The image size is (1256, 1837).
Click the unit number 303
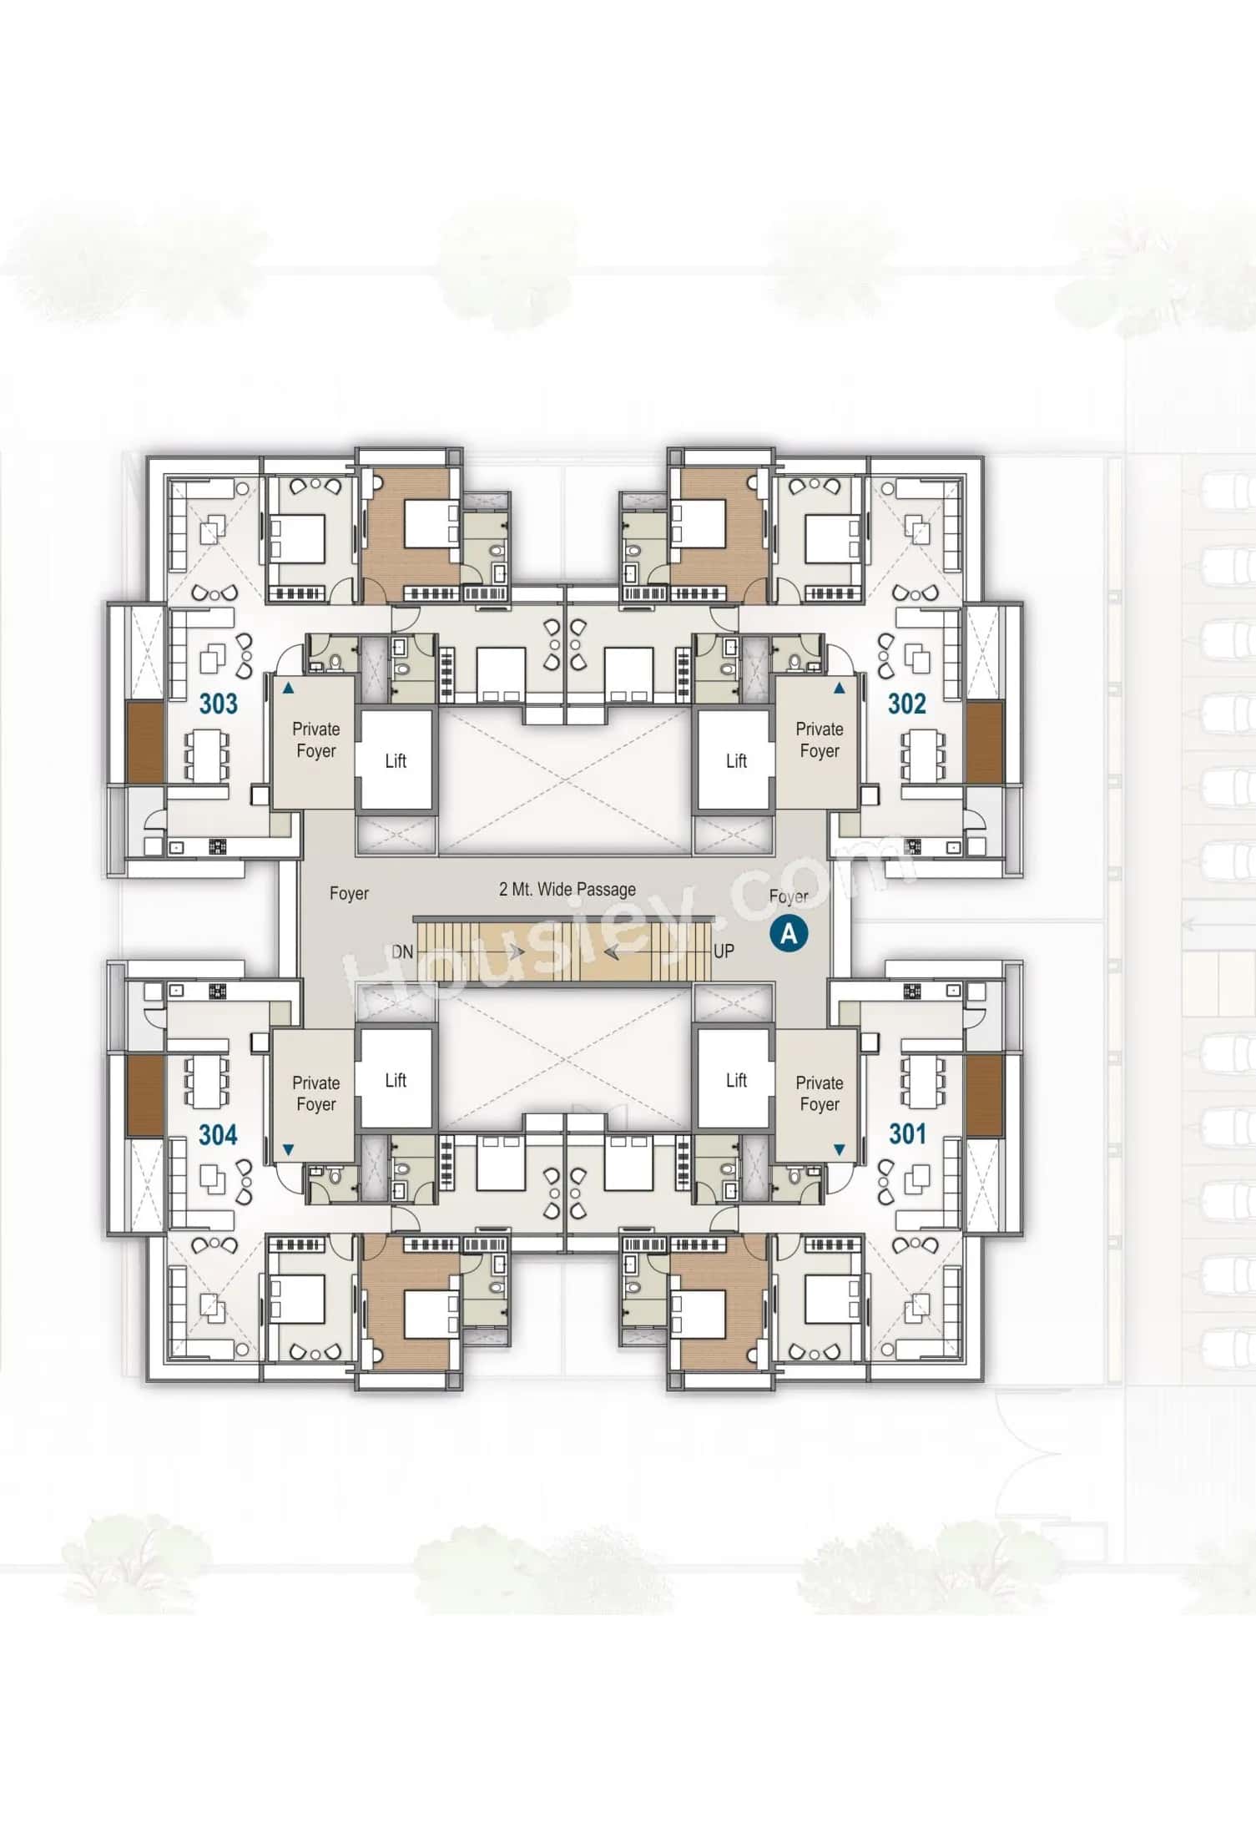pos(218,704)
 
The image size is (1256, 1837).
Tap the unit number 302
pos(906,704)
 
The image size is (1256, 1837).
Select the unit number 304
pos(218,1134)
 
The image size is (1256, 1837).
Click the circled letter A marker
pos(788,933)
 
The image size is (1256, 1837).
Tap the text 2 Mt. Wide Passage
pos(567,889)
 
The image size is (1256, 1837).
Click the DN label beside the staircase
pos(402,951)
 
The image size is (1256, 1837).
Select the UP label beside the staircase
pos(724,951)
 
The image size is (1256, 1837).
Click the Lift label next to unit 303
pos(396,760)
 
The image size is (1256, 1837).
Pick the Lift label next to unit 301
pos(736,1080)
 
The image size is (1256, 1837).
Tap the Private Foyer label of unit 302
pos(820,739)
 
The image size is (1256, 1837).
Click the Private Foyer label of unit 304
pos(315,1093)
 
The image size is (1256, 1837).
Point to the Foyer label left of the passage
pos(349,893)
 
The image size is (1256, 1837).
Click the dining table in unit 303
pos(206,755)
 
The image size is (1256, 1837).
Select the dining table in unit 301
pos(922,1083)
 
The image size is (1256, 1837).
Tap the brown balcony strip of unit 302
pos(984,741)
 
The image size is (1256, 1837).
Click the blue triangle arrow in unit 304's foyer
pos(288,1150)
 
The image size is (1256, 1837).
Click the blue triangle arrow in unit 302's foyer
pos(840,689)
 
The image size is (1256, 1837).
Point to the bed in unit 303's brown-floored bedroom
pos(431,524)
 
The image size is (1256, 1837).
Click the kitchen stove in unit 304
pos(218,991)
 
